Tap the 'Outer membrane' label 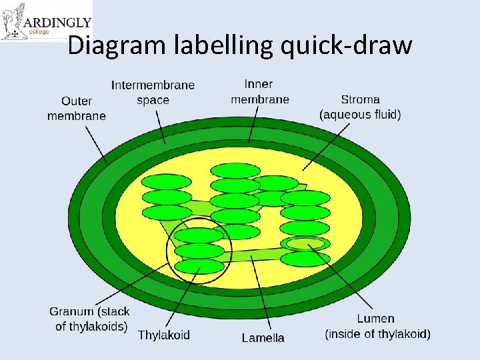coord(76,108)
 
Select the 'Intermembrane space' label coord(153,92)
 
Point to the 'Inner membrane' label coord(259,91)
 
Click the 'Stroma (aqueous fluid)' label coord(360,107)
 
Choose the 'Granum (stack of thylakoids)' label coord(89,319)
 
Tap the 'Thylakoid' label coord(163,335)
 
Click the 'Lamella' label coord(263,337)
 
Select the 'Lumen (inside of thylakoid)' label coord(377,326)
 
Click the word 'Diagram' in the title coord(117,45)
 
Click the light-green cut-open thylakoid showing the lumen coord(305,243)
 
